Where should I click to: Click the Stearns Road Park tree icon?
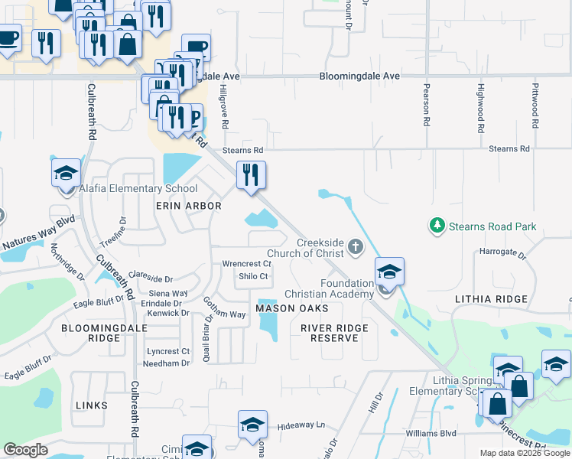(x=437, y=226)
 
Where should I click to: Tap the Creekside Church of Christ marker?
(x=354, y=246)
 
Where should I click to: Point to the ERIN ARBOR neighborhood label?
(x=188, y=206)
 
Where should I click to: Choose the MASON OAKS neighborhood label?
(x=291, y=308)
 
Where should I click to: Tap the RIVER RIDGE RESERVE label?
(x=334, y=333)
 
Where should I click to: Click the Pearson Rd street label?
(x=427, y=105)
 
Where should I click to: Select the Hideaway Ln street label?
(x=301, y=425)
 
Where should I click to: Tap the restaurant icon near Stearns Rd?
(x=251, y=175)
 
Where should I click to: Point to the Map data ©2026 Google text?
(x=524, y=453)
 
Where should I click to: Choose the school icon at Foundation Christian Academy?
(x=389, y=272)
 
